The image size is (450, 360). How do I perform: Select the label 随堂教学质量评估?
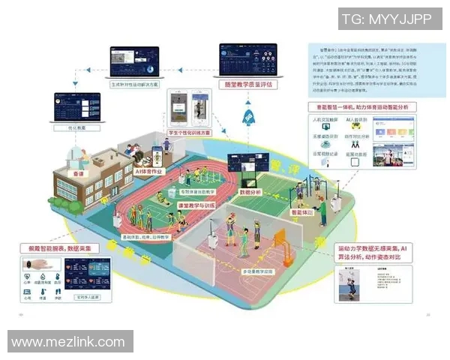click(x=247, y=85)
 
